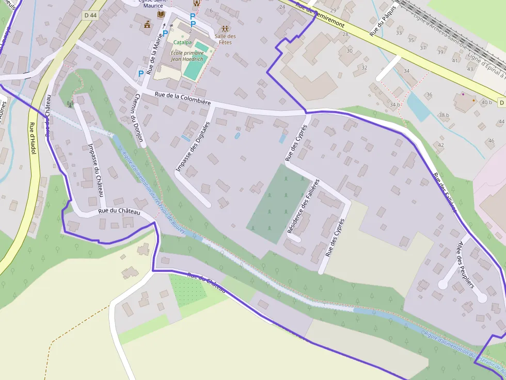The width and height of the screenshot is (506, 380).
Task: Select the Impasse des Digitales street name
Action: [x=194, y=146]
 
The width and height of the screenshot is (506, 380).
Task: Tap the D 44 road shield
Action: [x=90, y=15]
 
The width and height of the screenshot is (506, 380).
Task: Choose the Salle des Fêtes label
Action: [x=225, y=39]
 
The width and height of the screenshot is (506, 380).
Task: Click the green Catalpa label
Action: [x=182, y=42]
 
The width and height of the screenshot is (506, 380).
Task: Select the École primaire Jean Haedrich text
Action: [x=188, y=56]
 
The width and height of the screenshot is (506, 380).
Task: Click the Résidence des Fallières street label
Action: [x=303, y=206]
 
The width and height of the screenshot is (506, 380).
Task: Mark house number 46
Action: [x=491, y=141]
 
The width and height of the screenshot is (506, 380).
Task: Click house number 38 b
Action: [x=444, y=115]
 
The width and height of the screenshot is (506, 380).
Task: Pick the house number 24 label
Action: [x=281, y=7]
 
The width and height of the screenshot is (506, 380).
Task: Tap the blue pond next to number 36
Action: [x=417, y=106]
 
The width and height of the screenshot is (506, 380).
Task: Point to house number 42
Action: [x=440, y=145]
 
